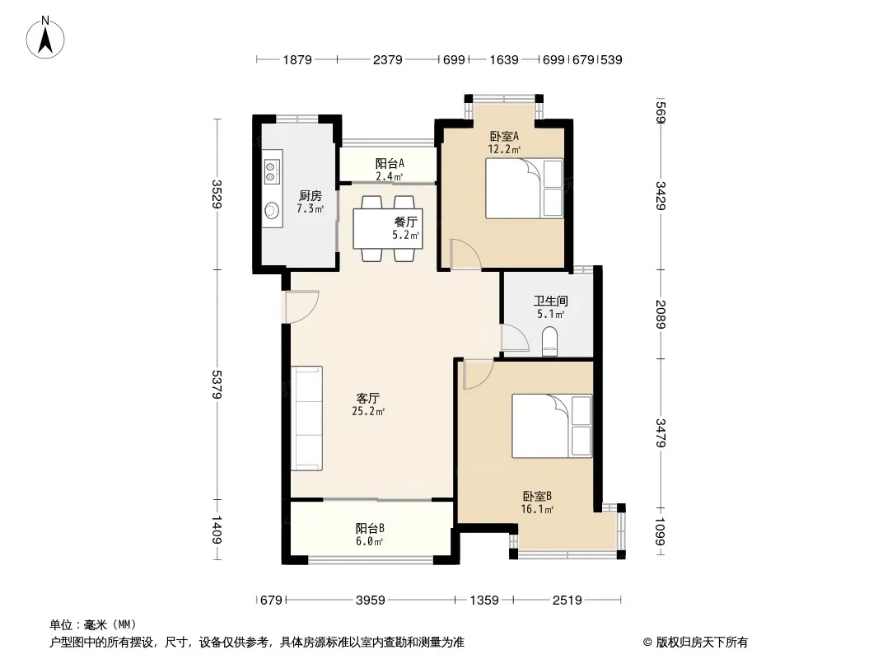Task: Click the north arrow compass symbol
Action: pos(45,38)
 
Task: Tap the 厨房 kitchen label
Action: pos(311,195)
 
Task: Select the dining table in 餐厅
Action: pos(387,228)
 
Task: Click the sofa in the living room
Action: pos(306,418)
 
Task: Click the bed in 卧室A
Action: pos(524,188)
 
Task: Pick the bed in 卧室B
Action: pos(552,426)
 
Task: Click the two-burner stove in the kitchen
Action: pos(272,172)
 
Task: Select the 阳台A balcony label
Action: pos(390,163)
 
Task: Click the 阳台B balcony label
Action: pos(370,528)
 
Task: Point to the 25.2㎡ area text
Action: pos(368,412)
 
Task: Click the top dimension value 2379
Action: pos(387,59)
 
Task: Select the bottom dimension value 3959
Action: pos(370,601)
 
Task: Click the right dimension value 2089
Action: pos(661,315)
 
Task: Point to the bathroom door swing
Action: pos(515,338)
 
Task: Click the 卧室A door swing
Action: pos(466,255)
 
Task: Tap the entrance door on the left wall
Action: pos(301,306)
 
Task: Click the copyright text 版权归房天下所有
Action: pos(702,643)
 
